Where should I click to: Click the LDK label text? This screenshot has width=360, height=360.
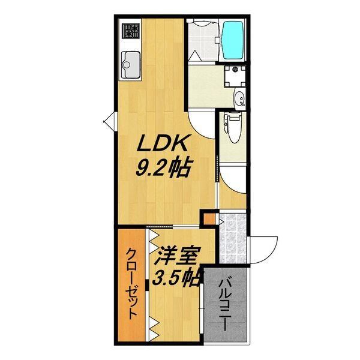165,144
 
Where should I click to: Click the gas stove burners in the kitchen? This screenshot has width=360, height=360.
131,29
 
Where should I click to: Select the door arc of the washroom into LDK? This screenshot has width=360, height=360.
201,125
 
